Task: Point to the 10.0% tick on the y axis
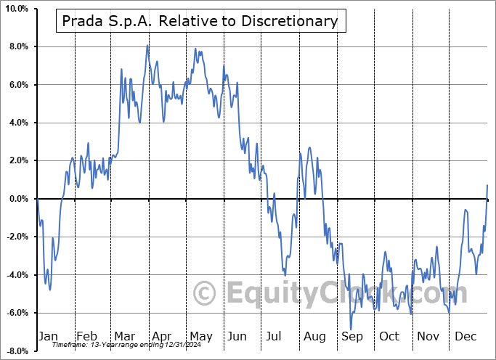click(17, 9)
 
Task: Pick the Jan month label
click(47, 336)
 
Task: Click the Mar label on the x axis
click(123, 336)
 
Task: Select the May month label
click(200, 336)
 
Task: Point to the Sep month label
click(351, 336)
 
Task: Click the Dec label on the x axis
click(465, 336)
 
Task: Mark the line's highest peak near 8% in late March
click(147, 45)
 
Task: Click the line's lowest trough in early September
click(351, 330)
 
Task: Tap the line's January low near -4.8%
click(50, 290)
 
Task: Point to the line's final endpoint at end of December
click(487, 185)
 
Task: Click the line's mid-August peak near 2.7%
click(310, 147)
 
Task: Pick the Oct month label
click(389, 336)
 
